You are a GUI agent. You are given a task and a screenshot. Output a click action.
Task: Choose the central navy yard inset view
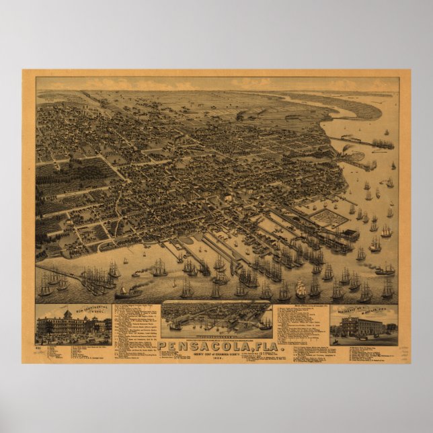click(216, 317)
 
